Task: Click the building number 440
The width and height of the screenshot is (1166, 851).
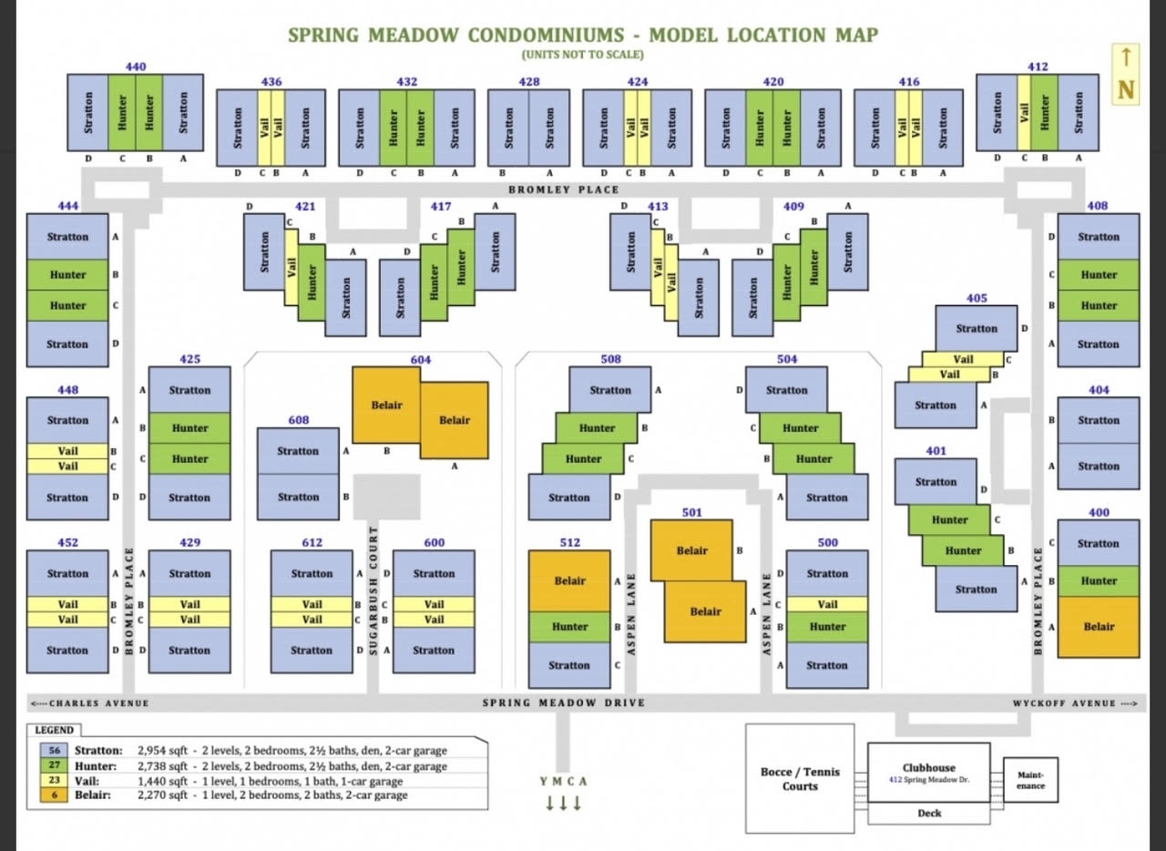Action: [x=136, y=67]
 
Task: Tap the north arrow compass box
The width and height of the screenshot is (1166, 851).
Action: [x=1126, y=74]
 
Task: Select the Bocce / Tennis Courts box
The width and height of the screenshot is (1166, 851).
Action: [x=800, y=778]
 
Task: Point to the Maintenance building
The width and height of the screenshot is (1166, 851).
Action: [x=1030, y=779]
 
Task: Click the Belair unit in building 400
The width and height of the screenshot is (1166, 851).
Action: [x=1099, y=627]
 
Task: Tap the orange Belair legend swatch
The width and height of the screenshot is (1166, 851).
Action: [x=55, y=795]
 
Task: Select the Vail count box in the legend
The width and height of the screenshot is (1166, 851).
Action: [x=55, y=781]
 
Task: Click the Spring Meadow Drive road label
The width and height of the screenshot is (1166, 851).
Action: [x=564, y=702]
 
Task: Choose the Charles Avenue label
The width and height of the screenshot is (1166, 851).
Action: [x=89, y=703]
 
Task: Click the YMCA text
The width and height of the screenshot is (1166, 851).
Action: [x=564, y=781]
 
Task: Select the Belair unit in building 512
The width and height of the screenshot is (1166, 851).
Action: [x=569, y=580]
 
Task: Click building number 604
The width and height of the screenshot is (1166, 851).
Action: [x=420, y=360]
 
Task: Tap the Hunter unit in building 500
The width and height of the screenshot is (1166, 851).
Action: [x=827, y=627]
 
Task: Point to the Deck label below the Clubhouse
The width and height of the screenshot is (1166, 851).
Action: [x=929, y=813]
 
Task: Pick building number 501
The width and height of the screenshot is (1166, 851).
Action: [x=691, y=512]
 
